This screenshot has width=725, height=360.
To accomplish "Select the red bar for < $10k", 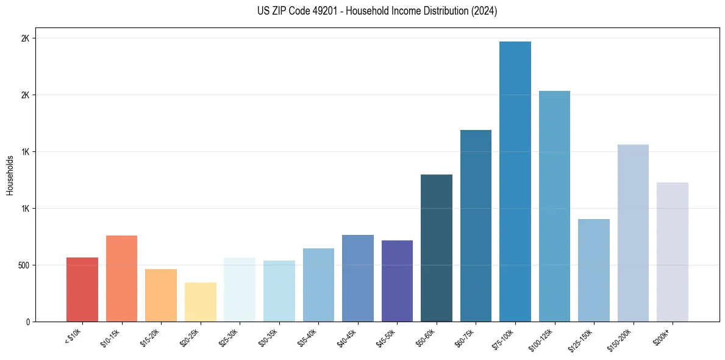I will (x=82, y=289).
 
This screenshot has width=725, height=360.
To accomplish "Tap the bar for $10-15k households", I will (x=121, y=278).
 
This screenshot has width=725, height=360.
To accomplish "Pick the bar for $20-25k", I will (x=200, y=302).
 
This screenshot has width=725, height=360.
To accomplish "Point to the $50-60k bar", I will (x=437, y=248).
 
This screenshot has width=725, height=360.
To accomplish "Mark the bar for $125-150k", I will (x=593, y=270).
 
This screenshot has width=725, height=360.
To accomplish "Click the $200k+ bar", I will (x=672, y=252).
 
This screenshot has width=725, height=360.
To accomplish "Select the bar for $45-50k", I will (x=397, y=281).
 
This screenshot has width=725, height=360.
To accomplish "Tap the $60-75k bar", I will (x=476, y=226).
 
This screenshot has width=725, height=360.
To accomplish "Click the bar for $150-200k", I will (x=633, y=233).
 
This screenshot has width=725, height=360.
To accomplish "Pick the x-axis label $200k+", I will (x=663, y=336).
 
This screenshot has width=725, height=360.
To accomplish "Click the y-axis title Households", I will (x=10, y=175).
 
